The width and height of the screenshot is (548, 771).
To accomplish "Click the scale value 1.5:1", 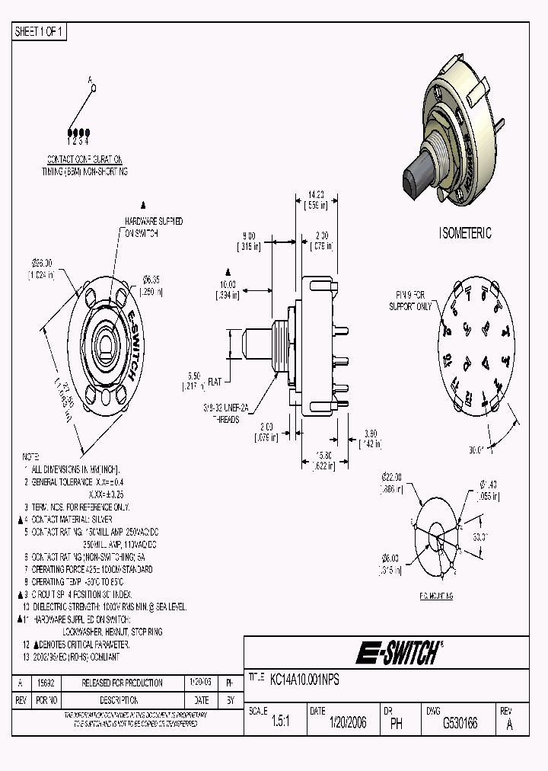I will [x=279, y=723].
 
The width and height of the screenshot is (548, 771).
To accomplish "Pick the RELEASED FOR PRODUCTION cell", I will [x=122, y=683].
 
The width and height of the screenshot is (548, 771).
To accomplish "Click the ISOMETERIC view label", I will [x=465, y=233].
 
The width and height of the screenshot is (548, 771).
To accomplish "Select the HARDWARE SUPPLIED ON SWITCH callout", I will [x=154, y=226].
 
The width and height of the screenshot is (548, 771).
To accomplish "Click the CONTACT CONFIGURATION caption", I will [x=84, y=160].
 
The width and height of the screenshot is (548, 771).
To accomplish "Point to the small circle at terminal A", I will [x=94, y=88].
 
